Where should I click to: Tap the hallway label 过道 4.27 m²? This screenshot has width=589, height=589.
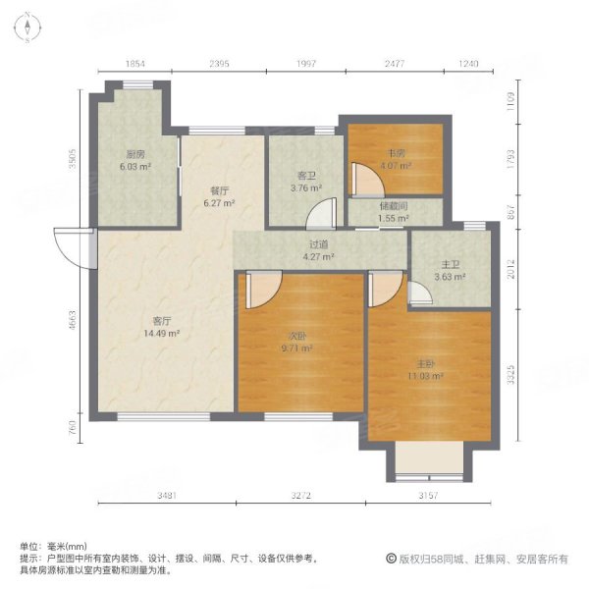pyautogui.click(x=320, y=252)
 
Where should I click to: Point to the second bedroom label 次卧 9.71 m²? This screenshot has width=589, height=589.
pyautogui.click(x=296, y=342)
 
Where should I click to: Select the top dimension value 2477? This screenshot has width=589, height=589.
pyautogui.click(x=395, y=64)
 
